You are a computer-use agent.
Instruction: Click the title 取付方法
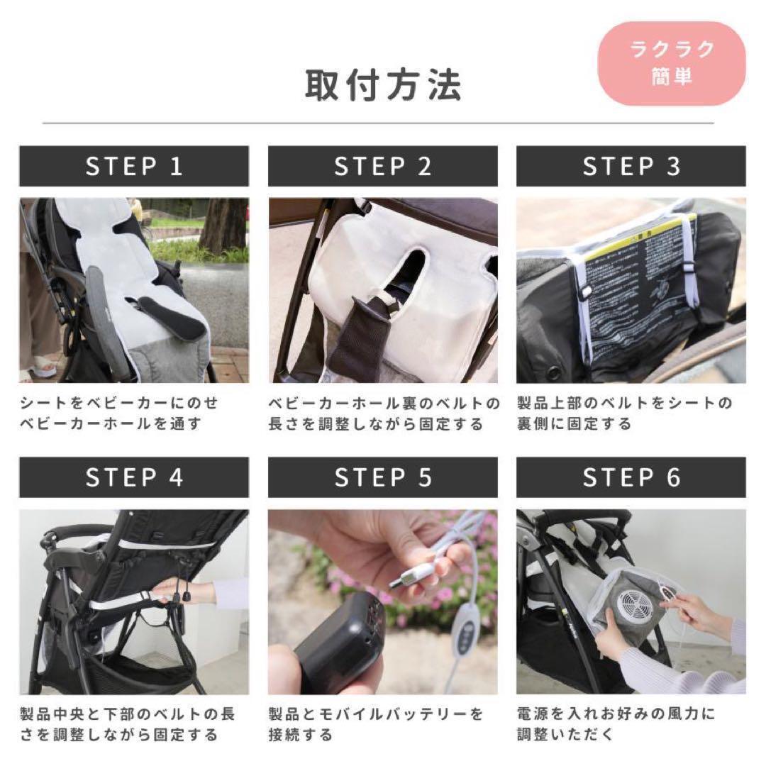click(x=383, y=84)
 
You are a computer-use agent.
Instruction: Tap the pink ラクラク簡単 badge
click(x=672, y=63)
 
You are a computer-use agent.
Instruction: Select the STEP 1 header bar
click(x=134, y=166)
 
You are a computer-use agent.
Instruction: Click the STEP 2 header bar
click(x=382, y=166)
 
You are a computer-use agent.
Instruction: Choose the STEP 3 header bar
click(x=631, y=166)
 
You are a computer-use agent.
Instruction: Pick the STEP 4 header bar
click(x=134, y=477)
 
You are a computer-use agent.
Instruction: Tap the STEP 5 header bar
click(x=382, y=477)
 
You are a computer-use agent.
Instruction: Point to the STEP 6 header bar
click(x=631, y=477)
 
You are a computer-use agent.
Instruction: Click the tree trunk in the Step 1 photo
click(x=223, y=224)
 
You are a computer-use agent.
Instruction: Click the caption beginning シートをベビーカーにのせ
click(x=119, y=413)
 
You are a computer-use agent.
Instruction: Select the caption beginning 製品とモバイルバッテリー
click(x=376, y=723)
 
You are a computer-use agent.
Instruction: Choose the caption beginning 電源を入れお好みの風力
click(x=616, y=723)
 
